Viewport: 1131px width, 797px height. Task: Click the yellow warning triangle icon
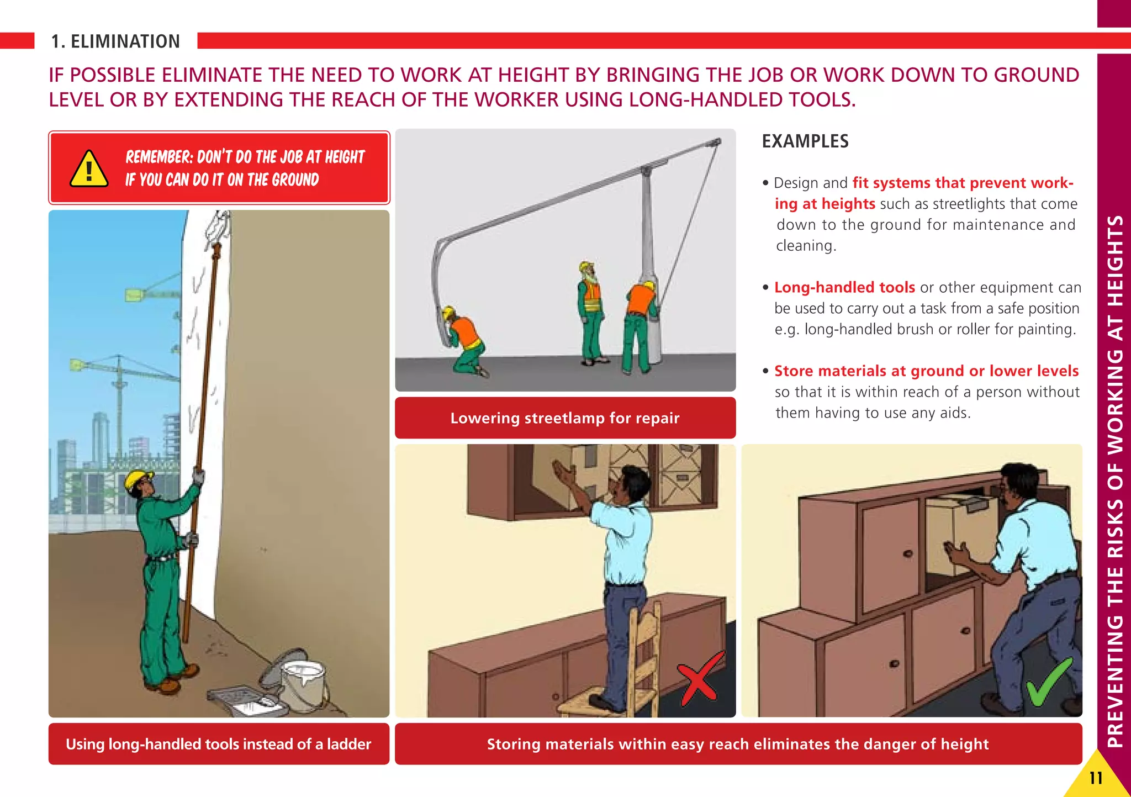[89, 170]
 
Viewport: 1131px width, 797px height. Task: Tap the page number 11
[1096, 778]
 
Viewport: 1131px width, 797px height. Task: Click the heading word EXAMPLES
[805, 141]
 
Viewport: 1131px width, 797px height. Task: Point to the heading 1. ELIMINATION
[115, 41]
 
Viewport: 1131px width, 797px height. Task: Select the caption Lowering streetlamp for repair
[564, 418]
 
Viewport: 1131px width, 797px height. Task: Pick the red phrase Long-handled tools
[844, 287]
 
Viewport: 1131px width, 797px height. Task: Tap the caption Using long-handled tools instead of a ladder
[218, 744]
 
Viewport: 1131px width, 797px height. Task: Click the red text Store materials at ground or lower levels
[926, 371]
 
